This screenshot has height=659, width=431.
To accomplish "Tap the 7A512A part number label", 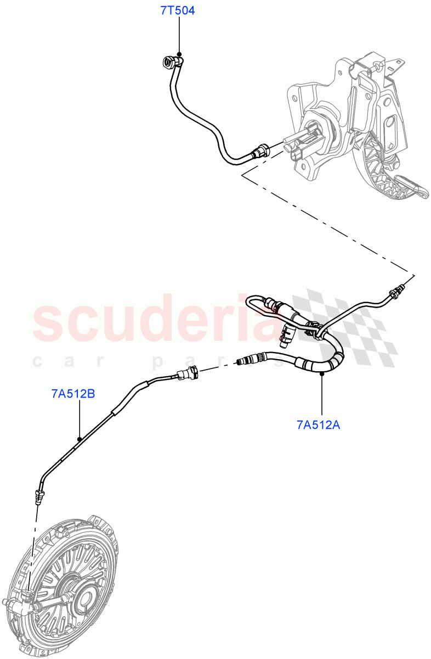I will [318, 424].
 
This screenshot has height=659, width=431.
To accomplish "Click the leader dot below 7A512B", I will [80, 438].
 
